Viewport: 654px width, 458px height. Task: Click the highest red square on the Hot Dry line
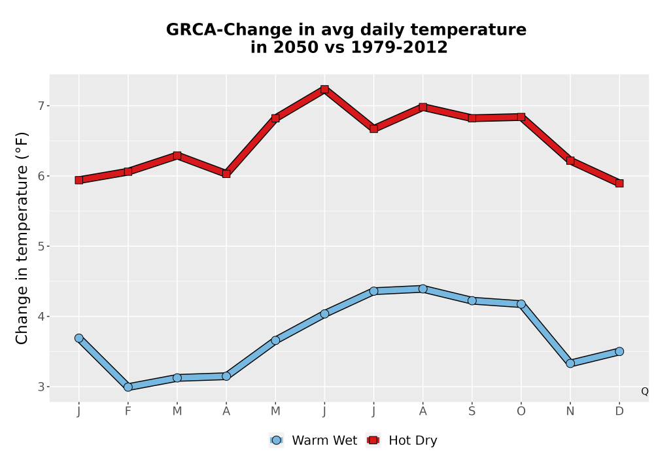(x=324, y=89)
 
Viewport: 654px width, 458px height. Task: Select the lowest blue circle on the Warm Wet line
(x=128, y=387)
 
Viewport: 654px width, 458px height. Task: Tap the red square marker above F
(x=128, y=171)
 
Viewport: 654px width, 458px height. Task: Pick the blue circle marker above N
(x=570, y=363)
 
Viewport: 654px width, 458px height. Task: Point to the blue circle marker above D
(x=619, y=351)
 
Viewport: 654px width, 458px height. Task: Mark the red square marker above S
(x=472, y=118)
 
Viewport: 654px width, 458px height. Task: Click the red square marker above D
(x=619, y=184)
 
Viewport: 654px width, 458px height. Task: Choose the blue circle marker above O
(x=521, y=304)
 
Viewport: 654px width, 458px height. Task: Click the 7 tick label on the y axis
(x=41, y=106)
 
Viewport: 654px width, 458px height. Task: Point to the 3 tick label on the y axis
(x=41, y=387)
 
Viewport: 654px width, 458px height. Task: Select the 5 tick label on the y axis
(x=41, y=247)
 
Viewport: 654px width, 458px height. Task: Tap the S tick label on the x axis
(x=472, y=412)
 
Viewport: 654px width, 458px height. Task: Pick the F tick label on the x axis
(x=128, y=412)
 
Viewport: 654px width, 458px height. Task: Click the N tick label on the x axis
(x=570, y=412)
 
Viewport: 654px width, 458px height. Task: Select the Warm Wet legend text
(x=324, y=440)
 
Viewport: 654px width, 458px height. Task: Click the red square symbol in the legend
(x=373, y=440)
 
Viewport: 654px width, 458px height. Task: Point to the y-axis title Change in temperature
(x=22, y=238)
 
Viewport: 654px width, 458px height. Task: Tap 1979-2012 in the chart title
(x=399, y=47)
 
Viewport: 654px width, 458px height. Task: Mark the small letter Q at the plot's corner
(x=645, y=391)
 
